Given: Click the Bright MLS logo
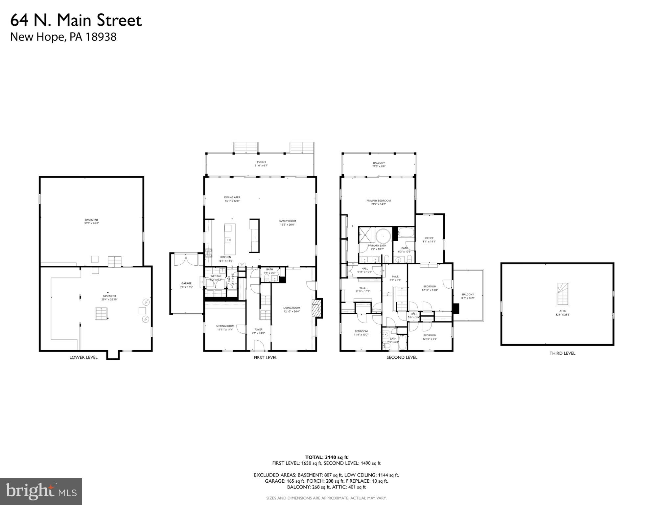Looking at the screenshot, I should [41, 491].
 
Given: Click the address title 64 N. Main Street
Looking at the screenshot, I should [76, 20].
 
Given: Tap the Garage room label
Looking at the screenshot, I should [186, 285].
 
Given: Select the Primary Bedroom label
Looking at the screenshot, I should [379, 202].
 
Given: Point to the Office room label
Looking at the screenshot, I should [429, 240].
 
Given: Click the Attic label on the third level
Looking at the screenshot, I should [563, 313].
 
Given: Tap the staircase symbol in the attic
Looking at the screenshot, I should [563, 294].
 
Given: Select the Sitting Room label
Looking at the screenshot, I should [225, 327].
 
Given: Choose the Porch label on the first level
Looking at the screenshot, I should [261, 163].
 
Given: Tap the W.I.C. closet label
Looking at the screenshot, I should [363, 289].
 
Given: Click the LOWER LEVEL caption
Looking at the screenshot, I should [83, 357].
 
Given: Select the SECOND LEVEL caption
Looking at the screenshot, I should [402, 357].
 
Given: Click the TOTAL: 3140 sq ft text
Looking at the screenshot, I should [326, 457].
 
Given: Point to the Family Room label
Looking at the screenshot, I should [287, 223].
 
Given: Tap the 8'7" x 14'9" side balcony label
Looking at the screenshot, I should [468, 296].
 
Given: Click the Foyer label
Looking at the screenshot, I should [258, 331].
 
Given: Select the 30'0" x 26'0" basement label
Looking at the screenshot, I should [91, 222].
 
